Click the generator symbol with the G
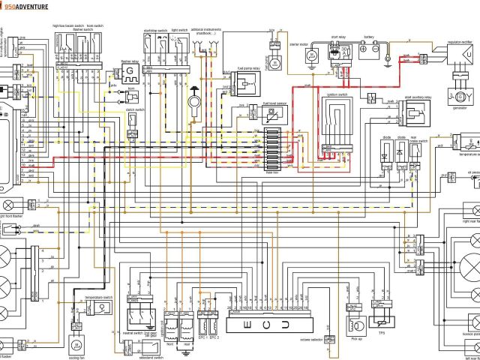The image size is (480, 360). [x=456, y=97]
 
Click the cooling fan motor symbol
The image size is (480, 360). [x=75, y=343]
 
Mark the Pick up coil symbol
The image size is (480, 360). [x=352, y=322]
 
